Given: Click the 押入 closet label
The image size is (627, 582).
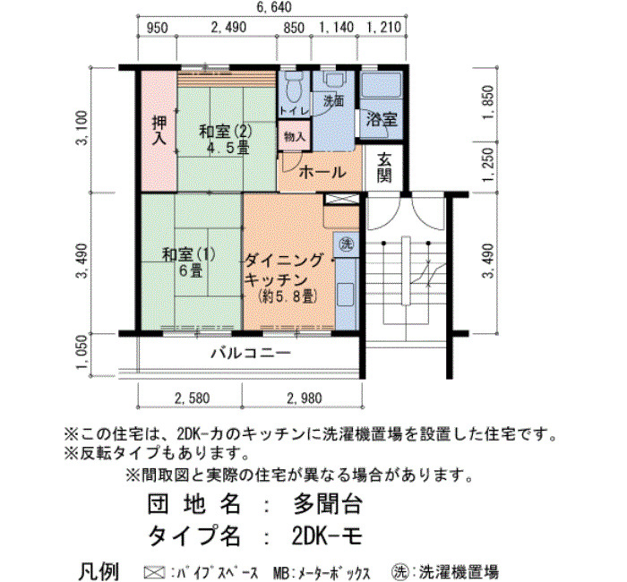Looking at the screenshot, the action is coord(159,131).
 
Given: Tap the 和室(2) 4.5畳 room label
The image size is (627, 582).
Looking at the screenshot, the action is coord(226,140).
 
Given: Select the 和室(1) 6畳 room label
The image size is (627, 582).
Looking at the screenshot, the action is coord(189,262).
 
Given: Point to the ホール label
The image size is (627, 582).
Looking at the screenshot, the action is coord(322,172).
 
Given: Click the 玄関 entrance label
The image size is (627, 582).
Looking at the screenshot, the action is coord(384,168).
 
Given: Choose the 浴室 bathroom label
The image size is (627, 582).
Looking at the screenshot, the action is coord(382,119).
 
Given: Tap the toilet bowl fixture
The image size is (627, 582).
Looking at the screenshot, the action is coord(295,87).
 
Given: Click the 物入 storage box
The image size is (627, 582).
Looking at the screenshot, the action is coord(295,137).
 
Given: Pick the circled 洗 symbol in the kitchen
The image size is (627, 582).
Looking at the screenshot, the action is coord(347,243).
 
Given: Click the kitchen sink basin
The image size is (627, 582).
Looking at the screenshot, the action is coord(347,295).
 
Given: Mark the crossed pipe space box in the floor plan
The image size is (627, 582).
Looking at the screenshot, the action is coord(341,199).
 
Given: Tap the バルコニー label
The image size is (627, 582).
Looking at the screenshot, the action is coord(251,354).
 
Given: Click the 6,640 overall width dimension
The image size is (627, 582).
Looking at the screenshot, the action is coord(274,7).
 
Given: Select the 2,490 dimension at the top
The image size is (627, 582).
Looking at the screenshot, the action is coord(228,27).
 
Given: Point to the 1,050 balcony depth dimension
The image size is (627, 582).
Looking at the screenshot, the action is coord(82,352).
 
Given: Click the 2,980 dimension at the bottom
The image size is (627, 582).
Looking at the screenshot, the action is coord(305,398).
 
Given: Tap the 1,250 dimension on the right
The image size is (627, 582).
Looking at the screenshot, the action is coord(488,165).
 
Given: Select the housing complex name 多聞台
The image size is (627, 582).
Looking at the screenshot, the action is coord(328,503).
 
